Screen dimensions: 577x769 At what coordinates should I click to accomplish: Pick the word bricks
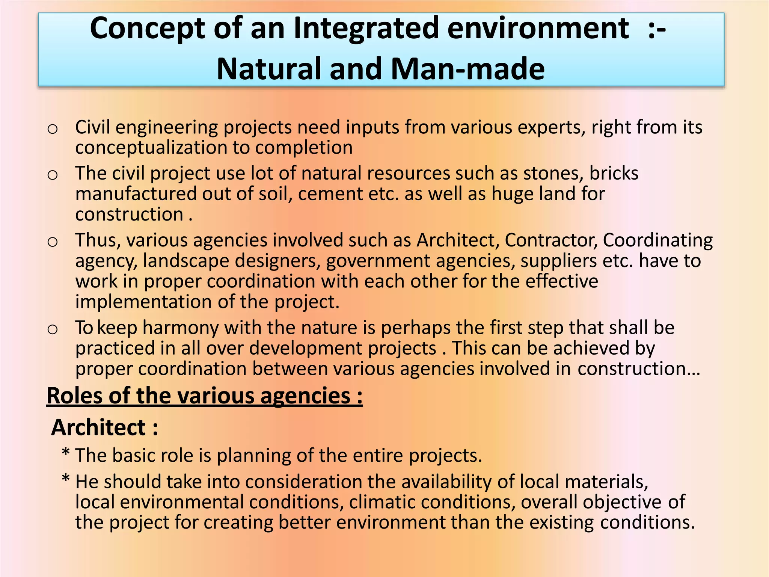pyautogui.click(x=614, y=174)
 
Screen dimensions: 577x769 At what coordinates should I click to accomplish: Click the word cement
pyautogui.click(x=329, y=194)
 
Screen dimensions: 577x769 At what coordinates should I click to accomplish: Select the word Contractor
pyautogui.click(x=551, y=240)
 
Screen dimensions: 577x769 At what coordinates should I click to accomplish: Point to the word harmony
pyautogui.click(x=181, y=328)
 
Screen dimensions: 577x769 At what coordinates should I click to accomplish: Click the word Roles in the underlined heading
pyautogui.click(x=74, y=396)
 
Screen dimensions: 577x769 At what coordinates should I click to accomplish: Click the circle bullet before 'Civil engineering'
pyautogui.click(x=53, y=129)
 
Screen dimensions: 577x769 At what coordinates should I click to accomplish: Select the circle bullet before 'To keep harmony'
pyautogui.click(x=53, y=329)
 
